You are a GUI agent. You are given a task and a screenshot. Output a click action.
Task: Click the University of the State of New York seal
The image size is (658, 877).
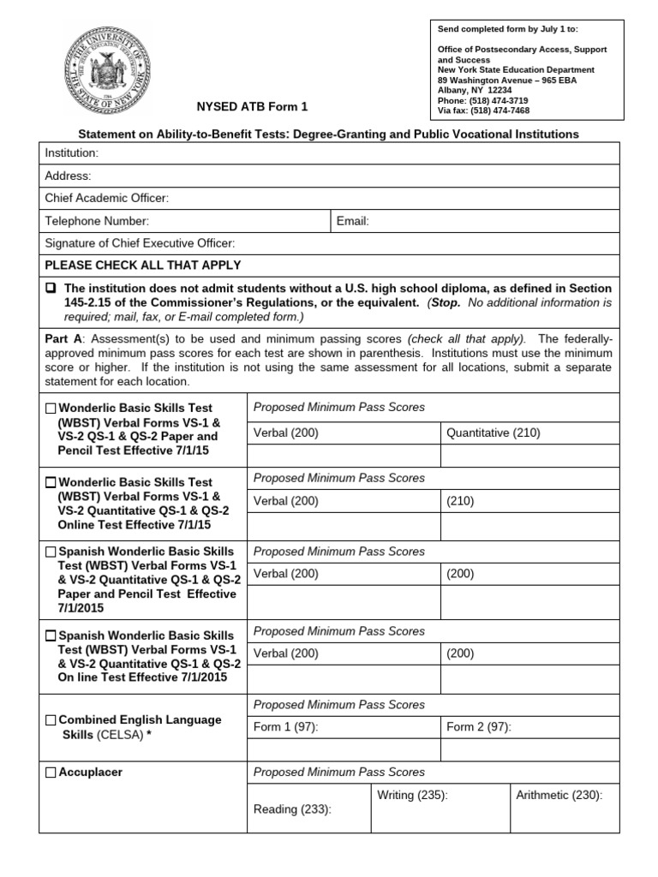[x=107, y=66]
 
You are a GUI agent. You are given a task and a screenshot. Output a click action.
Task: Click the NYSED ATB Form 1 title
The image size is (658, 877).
[x=253, y=107]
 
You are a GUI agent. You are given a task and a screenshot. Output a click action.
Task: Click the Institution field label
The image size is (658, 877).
[x=72, y=152]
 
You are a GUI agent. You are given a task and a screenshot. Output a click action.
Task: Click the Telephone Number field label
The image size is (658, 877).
[x=98, y=221]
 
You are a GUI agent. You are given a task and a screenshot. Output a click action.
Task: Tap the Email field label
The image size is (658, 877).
[x=353, y=221]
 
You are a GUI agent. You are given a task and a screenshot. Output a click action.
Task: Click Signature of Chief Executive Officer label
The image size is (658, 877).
[x=140, y=243]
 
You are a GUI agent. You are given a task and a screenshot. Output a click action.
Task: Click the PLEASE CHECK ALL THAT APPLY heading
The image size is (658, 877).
[x=142, y=265]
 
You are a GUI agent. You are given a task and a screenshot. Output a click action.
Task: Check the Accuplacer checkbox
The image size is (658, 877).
[x=51, y=773]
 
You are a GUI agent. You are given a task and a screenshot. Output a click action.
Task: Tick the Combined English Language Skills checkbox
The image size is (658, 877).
[x=51, y=720]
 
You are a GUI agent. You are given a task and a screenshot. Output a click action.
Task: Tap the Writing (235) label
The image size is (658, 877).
[x=412, y=796]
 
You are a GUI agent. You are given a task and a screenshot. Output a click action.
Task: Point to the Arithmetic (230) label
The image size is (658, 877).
[x=559, y=796]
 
